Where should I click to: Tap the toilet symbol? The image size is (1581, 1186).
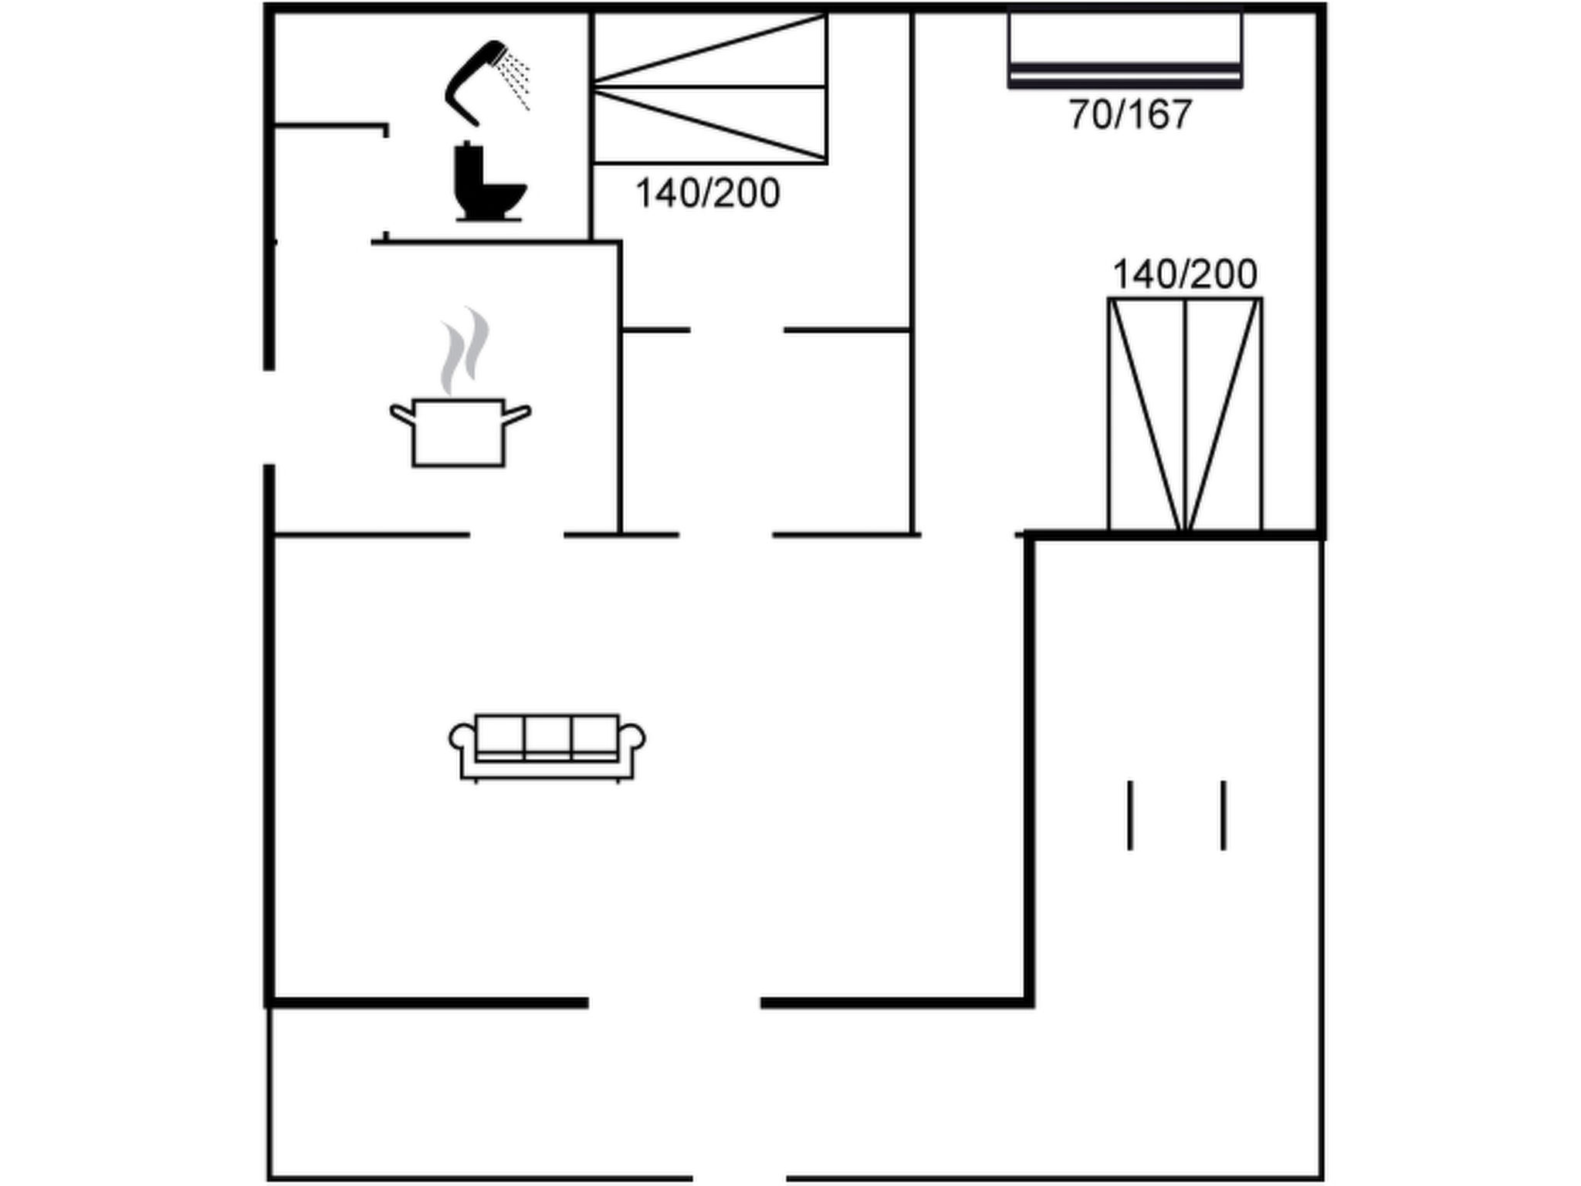click(489, 182)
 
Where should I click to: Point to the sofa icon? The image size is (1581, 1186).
click(547, 747)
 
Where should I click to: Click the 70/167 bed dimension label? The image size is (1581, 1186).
click(1130, 114)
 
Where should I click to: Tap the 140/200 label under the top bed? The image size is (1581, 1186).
click(707, 193)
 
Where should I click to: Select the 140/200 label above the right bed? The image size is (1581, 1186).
click(1184, 274)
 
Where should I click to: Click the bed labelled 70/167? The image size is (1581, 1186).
click(1125, 49)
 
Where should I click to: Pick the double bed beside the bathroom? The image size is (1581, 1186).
click(709, 87)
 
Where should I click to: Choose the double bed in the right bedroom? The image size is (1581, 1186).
click(1185, 415)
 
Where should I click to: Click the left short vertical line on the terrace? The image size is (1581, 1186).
click(1130, 815)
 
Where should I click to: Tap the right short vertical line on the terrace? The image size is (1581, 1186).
click(1224, 815)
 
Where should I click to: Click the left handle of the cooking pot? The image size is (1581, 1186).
click(401, 414)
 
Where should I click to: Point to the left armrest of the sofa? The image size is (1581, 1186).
click(461, 737)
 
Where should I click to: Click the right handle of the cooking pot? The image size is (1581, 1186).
click(517, 414)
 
